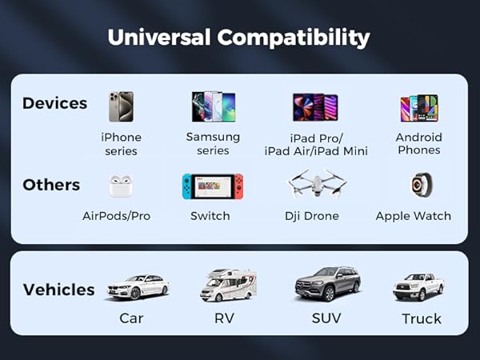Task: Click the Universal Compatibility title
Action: point(239,38)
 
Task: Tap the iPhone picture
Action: point(121,106)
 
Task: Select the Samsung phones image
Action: point(213,106)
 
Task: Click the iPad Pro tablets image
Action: point(315,106)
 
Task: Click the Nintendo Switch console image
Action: point(212,186)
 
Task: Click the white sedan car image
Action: point(138,286)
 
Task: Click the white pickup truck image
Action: point(418,286)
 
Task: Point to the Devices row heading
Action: point(55,103)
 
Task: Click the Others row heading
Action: point(51,185)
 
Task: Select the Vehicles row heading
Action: point(58,290)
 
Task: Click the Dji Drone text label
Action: point(312,216)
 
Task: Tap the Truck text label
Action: point(422,318)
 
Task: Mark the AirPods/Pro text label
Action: point(117,216)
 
